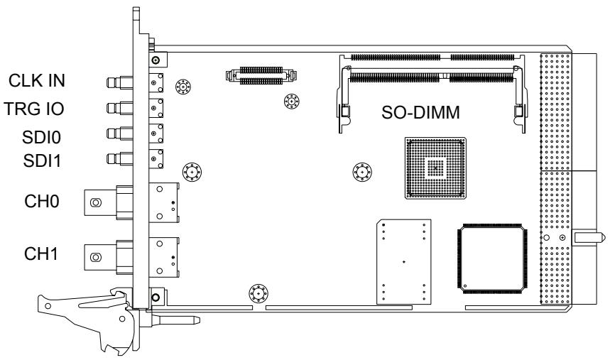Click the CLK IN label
37,80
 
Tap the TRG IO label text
34,109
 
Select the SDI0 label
41,137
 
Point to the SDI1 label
42,160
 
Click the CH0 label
42,202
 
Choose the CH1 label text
41,253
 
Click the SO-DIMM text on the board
420,113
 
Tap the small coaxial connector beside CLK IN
120,82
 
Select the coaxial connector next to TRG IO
120,108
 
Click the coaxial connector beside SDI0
120,133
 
